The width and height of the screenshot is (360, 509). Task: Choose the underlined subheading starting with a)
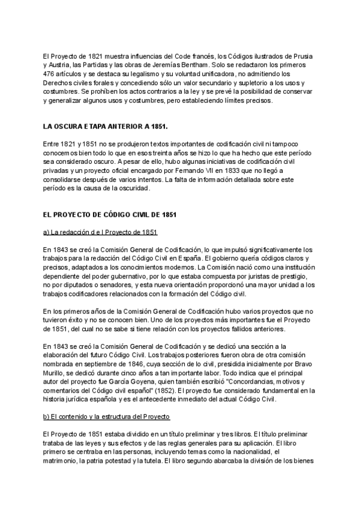tap(97, 232)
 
